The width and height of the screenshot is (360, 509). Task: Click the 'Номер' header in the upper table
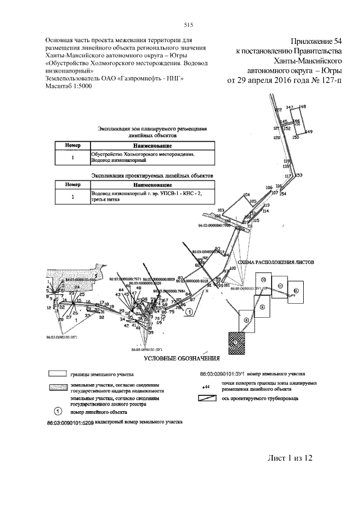(x=73, y=146)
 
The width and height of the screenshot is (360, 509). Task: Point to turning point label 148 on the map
(x=302, y=106)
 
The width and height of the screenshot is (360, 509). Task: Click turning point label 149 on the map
(x=308, y=132)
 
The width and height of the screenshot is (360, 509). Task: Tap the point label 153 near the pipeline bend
(x=299, y=175)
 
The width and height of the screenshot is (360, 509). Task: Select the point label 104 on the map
(x=246, y=195)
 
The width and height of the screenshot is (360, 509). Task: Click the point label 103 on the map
(x=220, y=210)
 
